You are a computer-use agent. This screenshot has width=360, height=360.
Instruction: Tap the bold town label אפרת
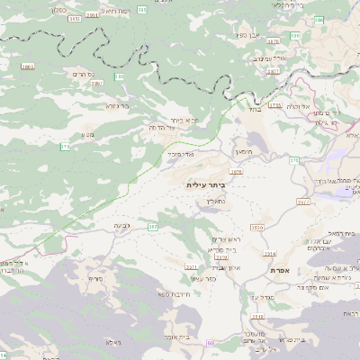278,269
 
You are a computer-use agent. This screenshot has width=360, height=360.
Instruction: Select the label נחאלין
214,203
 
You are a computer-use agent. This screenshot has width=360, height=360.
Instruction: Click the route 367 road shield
153,227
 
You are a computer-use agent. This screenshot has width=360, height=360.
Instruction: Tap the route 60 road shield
210,343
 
